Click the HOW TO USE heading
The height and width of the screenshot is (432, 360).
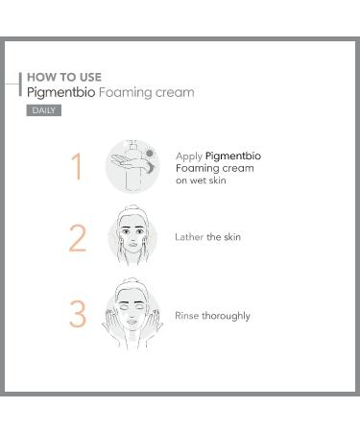(64, 77)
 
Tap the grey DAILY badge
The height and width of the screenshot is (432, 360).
(44, 110)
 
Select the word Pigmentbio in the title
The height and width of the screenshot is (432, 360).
(61, 93)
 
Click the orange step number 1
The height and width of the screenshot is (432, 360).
(77, 166)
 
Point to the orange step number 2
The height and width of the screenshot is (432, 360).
(78, 238)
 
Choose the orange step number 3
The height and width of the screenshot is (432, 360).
(78, 314)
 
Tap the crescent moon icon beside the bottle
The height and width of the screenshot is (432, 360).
(151, 167)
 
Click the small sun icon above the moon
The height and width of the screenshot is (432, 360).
(150, 154)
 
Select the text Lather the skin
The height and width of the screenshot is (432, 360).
(207, 237)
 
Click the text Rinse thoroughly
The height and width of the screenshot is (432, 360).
(212, 316)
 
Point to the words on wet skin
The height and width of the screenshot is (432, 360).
(201, 180)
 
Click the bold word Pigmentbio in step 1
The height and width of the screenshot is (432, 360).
(233, 156)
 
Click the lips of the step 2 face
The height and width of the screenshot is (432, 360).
(132, 246)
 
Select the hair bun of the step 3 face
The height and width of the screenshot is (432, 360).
(132, 281)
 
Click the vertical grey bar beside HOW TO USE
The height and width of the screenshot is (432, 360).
(20, 84)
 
